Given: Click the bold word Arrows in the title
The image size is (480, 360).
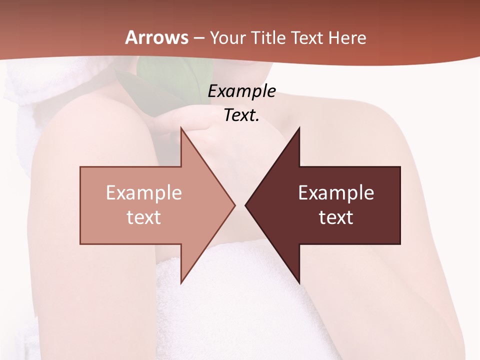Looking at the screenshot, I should coord(156,37).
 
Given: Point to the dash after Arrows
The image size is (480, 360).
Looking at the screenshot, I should coord(198,38).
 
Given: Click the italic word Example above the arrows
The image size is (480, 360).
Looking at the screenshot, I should coord(241,91).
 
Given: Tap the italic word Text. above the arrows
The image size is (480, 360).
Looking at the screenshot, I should coord(241,115).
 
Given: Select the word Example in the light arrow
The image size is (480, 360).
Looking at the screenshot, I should coord(144,193).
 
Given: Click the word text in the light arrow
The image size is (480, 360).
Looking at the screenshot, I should coord(144,217).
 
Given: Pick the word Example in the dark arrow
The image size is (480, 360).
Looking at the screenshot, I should coord(336,193).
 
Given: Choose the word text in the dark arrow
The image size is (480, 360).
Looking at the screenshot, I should coord(336,217).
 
